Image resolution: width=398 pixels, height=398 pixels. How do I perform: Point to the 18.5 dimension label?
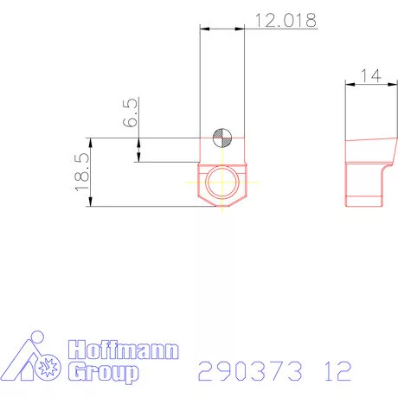(80, 171)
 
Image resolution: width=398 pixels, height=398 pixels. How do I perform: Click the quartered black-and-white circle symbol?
(222, 137)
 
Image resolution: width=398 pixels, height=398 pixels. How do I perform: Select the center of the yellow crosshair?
(222, 183)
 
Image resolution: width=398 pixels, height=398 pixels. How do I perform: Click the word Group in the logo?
(104, 373)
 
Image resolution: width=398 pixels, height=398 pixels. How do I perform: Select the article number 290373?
(252, 371)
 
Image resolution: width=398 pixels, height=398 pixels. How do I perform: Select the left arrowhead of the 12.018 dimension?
(204, 29)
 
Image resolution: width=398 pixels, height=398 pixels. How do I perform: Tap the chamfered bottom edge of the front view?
(222, 205)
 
